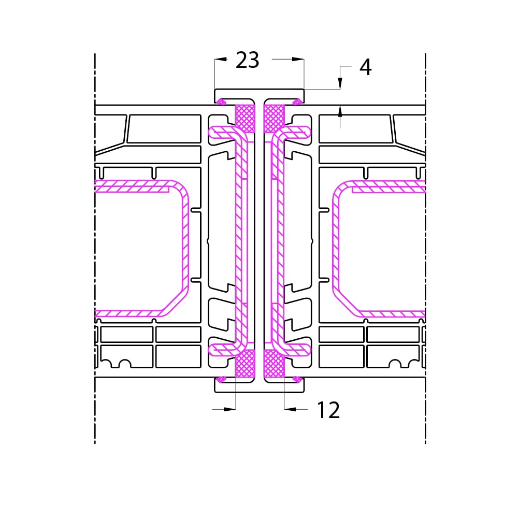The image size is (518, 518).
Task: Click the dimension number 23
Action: click(x=248, y=60)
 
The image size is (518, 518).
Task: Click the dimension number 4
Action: click(x=366, y=67)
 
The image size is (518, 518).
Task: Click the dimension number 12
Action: click(x=328, y=410)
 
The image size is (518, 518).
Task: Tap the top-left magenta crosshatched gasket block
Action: click(x=245, y=118)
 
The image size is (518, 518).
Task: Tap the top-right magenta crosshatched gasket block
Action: click(x=274, y=118)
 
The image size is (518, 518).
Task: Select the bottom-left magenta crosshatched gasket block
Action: click(x=245, y=364)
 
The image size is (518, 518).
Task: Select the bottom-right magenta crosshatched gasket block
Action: click(x=274, y=364)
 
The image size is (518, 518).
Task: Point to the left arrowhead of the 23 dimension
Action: click(x=221, y=60)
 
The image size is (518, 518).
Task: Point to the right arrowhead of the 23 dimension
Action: click(x=298, y=60)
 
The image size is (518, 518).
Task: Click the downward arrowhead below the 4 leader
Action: click(x=340, y=83)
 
